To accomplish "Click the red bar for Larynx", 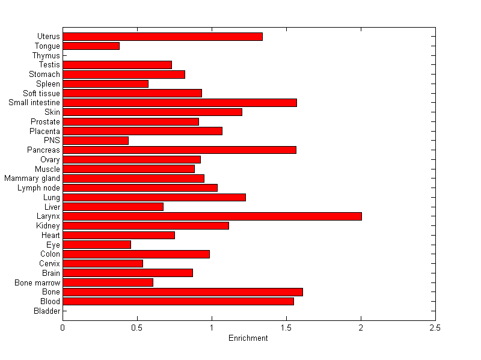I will pyautogui.click(x=212, y=216).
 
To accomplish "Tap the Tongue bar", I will pyautogui.click(x=91, y=46).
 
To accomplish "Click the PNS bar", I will pyautogui.click(x=96, y=141).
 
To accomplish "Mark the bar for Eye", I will pyautogui.click(x=97, y=245).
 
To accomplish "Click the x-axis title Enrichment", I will pyautogui.click(x=248, y=338).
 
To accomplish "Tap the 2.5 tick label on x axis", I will pyautogui.click(x=435, y=328).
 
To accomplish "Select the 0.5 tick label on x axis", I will pyautogui.click(x=137, y=328).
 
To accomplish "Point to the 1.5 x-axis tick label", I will pyautogui.click(x=286, y=328).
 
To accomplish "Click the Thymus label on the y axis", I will pyautogui.click(x=46, y=56).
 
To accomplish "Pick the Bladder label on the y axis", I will pyautogui.click(x=47, y=311).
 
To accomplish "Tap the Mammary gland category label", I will pyautogui.click(x=32, y=178).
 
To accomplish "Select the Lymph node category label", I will pyautogui.click(x=39, y=188).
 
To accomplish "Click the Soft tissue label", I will pyautogui.click(x=41, y=93).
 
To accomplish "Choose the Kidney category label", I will pyautogui.click(x=48, y=226).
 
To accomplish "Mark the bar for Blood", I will pyautogui.click(x=178, y=301).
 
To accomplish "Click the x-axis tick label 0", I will pyautogui.click(x=63, y=328).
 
